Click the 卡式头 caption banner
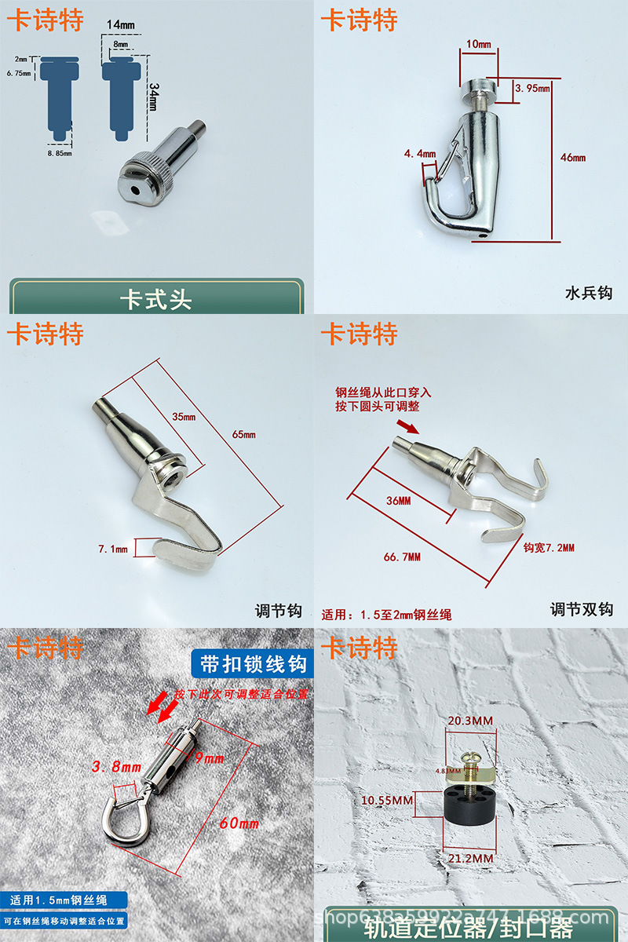(x=155, y=300)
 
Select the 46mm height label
(x=573, y=158)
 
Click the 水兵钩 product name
(x=588, y=294)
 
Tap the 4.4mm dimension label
(x=419, y=154)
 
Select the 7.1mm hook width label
(x=112, y=549)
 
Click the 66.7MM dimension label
(x=401, y=557)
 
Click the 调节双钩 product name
(x=581, y=609)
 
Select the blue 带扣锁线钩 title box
(x=252, y=664)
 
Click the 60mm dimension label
(x=239, y=823)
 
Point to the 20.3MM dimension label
(x=470, y=743)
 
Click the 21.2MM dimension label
(x=471, y=859)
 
